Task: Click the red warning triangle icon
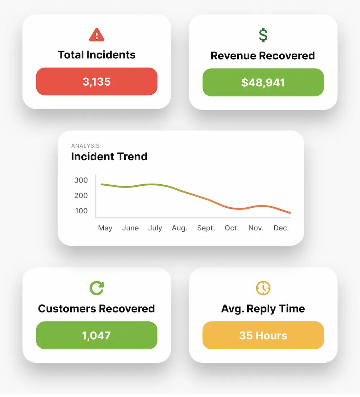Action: click(96, 35)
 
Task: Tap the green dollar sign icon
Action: click(263, 35)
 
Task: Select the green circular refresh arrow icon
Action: click(96, 288)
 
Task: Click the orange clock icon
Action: click(263, 288)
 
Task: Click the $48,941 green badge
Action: click(263, 82)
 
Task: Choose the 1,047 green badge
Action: click(96, 335)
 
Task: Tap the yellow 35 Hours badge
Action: click(263, 335)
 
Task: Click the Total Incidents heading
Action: click(96, 55)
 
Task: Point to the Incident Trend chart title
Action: click(109, 157)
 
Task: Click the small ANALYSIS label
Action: click(85, 146)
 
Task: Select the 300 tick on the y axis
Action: click(81, 180)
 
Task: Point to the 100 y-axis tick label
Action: click(81, 211)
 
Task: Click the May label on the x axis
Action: click(105, 228)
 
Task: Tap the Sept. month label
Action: click(206, 228)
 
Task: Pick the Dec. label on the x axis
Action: click(281, 228)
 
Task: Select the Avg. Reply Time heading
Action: click(263, 308)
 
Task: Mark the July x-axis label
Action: click(155, 228)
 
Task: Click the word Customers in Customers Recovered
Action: click(67, 309)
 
